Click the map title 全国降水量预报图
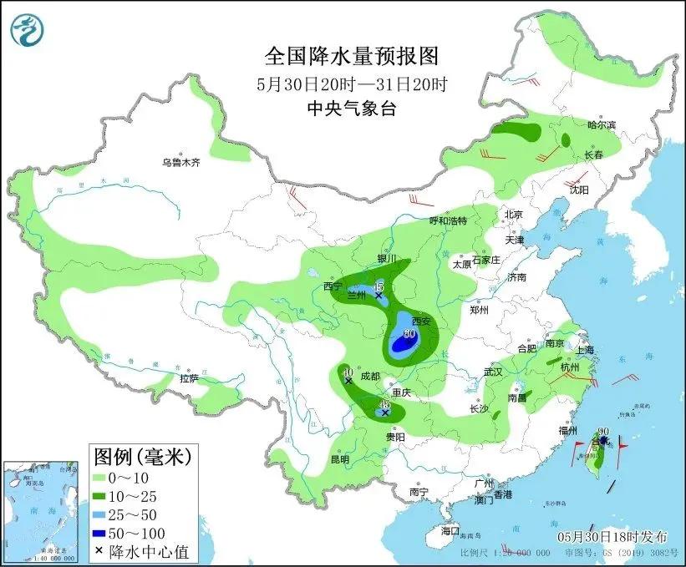351,57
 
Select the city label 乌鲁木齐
181,163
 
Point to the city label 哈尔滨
601,125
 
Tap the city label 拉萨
189,378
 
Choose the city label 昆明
340,458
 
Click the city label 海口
450,530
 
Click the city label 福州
569,430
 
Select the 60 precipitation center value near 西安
409,334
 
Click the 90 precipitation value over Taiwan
603,432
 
